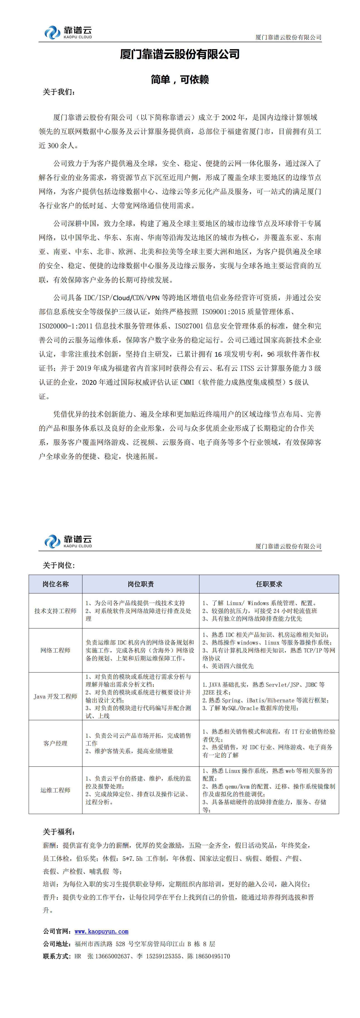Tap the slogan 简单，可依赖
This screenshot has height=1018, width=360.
click(180, 79)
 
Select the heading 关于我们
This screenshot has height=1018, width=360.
click(59, 92)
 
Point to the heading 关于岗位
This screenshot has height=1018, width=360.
click(59, 565)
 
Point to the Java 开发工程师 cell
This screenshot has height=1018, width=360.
click(55, 696)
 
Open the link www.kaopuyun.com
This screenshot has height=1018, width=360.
click(102, 931)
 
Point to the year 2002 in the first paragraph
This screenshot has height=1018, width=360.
click(229, 117)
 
